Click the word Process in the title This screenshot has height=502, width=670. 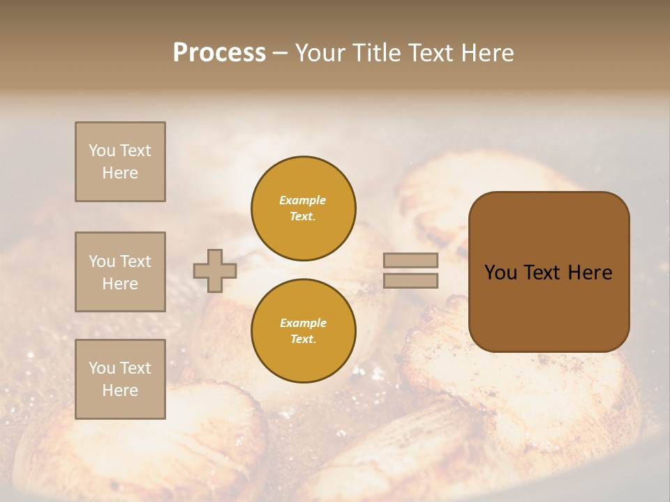pos(219,53)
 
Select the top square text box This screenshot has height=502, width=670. pos(120,162)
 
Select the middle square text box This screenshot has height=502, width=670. pos(120,272)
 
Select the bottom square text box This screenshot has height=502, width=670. pos(120,379)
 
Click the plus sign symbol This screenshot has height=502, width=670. pos(215,271)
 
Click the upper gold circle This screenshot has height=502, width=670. pos(304,208)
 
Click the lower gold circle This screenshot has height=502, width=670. pos(304,331)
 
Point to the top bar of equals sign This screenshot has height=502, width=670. pos(411,261)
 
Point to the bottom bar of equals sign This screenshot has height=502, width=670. pos(411,280)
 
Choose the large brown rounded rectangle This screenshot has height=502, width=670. pos(549,272)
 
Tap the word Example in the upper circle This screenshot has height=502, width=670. pos(303,201)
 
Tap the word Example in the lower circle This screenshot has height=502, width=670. pos(303,324)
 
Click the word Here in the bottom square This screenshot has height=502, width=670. pos(120,390)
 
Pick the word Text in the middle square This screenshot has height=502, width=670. pos(135,261)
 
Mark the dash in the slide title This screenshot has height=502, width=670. pos(281,54)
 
